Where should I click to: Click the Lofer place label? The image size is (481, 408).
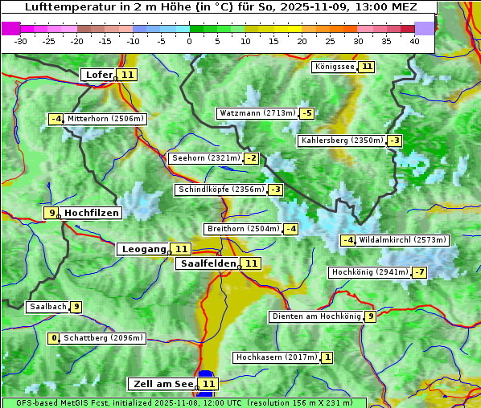point(98,75)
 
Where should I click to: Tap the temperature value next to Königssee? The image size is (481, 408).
point(367,67)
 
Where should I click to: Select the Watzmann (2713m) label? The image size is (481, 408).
point(257,113)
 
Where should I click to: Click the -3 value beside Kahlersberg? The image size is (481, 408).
point(394,141)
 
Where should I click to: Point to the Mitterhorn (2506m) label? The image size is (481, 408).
point(105,119)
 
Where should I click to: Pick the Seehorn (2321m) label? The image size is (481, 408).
point(206,158)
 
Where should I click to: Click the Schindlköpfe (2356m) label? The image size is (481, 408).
point(220,190)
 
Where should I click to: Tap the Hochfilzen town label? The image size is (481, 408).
point(92,213)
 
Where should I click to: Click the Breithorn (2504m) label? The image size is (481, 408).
point(242,229)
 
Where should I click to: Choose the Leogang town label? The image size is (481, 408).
point(143,249)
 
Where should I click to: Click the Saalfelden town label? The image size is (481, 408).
point(208,263)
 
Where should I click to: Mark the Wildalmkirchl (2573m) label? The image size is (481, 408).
point(402,240)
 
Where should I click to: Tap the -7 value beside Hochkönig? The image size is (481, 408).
point(419,272)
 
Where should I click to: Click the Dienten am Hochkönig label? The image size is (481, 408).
point(315,316)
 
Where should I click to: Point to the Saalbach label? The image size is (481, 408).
point(47,307)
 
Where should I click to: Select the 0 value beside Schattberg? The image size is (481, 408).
point(55,338)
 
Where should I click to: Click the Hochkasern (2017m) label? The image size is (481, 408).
point(276,357)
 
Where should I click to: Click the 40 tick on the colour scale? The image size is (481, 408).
point(414,40)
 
